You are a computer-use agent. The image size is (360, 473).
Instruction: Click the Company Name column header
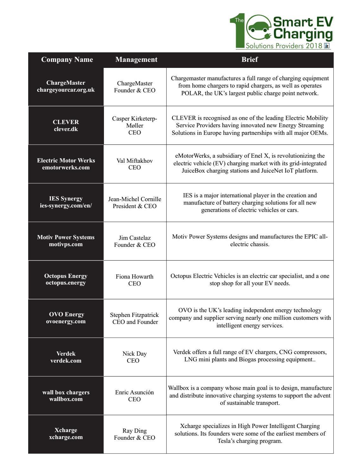(67, 60)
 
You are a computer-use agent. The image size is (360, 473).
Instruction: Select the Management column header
(136, 60)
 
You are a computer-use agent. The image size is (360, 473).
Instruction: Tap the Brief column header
(249, 60)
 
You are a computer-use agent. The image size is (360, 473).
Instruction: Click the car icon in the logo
(258, 29)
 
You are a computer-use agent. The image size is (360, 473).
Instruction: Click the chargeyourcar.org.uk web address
(66, 90)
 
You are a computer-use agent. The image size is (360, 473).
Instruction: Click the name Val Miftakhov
(135, 161)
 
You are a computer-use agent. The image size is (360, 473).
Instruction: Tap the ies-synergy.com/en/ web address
(66, 206)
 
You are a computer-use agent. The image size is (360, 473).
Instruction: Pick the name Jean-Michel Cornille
(135, 199)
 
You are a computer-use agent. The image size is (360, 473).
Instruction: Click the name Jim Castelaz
(135, 238)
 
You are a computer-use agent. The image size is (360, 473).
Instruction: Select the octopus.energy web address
(66, 283)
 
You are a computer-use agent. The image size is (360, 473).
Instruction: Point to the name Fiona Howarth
(135, 277)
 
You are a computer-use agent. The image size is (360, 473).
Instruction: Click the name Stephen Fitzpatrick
(135, 315)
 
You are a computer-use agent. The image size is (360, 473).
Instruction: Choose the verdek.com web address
(66, 361)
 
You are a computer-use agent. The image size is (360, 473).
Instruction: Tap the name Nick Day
(135, 354)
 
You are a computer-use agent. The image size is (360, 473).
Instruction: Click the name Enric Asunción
(135, 392)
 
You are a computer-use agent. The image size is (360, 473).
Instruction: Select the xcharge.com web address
(66, 437)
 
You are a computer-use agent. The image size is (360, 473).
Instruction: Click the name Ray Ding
(135, 431)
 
